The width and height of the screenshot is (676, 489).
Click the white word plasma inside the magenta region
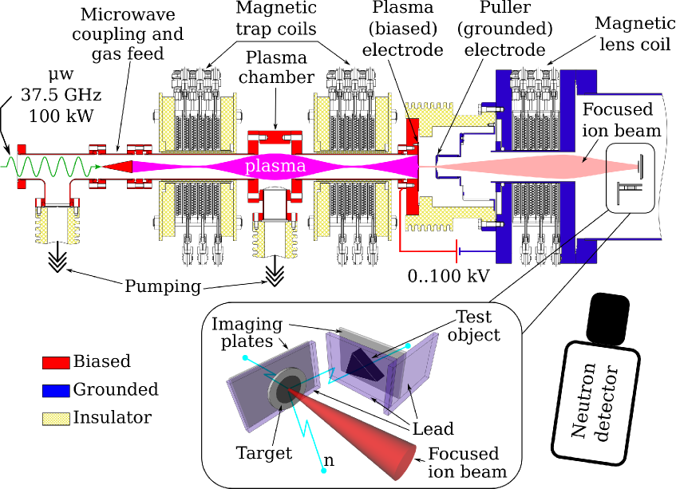coord(275,166)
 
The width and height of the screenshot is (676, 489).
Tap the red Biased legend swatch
coord(56,362)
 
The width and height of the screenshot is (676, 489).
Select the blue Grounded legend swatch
coord(56,390)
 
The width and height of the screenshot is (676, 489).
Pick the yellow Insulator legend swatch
coord(56,419)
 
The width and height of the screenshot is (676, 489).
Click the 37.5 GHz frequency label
coord(61,94)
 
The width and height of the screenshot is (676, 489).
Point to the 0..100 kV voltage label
coord(449,276)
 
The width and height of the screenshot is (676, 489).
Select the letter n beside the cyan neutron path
coord(329,460)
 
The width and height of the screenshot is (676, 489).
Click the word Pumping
coord(163,286)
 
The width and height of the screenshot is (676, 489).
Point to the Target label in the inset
coord(264,453)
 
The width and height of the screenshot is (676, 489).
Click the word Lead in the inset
coord(433,429)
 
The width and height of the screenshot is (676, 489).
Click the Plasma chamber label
coord(276,67)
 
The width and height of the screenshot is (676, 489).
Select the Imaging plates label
coord(247,333)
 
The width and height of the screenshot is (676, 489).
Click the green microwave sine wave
coord(51,167)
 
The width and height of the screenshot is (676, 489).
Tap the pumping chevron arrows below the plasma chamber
coord(275,274)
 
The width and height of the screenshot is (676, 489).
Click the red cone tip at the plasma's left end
coord(104,167)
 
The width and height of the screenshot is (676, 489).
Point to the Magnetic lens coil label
coord(635,34)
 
